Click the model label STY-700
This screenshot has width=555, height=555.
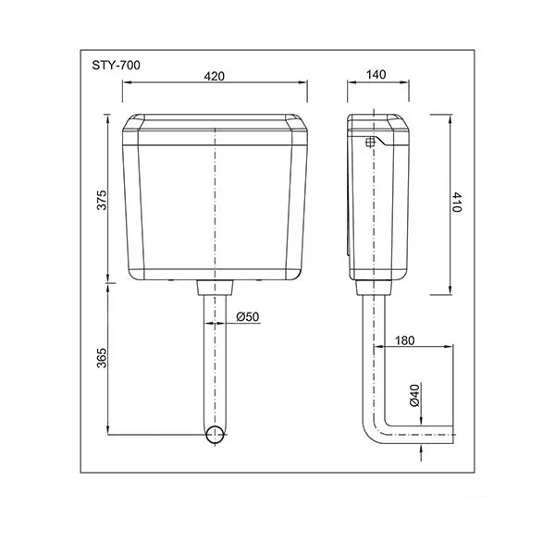tap(117, 66)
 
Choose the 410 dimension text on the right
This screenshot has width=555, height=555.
tap(456, 203)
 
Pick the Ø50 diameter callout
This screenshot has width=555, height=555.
tap(247, 316)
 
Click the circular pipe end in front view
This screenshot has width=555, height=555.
tap(215, 436)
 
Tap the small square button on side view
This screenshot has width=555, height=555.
tap(371, 142)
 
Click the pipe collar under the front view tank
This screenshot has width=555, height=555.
tap(215, 287)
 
